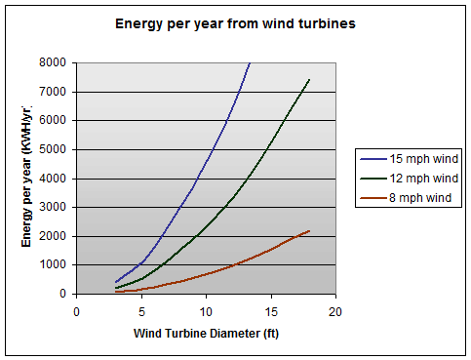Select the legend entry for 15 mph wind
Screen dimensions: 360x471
point(411,158)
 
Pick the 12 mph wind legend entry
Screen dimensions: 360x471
point(411,179)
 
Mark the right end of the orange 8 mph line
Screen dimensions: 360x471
point(310,230)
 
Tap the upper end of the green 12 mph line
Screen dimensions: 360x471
point(310,79)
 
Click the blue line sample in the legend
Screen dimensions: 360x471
point(372,158)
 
